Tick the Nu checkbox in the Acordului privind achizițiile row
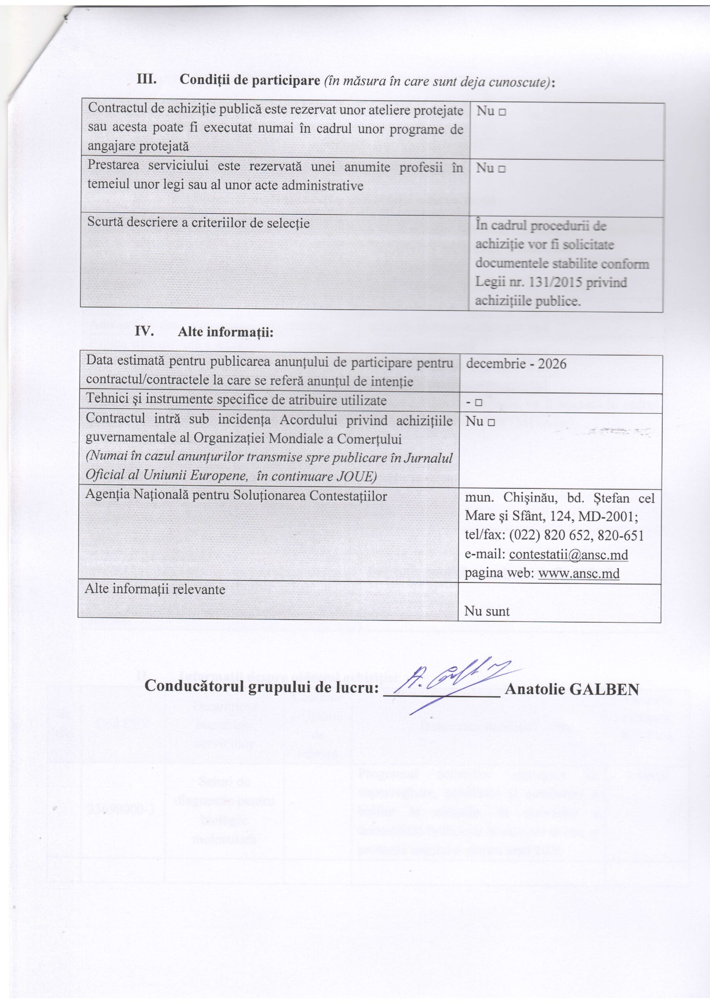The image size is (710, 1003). coord(491,422)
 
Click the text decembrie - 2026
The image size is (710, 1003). coord(516,364)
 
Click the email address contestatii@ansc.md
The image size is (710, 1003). coord(568,554)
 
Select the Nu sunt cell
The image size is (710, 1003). coord(487,611)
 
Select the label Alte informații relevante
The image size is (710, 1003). coord(155,589)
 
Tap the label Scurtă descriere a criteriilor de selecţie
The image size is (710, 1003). coord(198,223)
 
